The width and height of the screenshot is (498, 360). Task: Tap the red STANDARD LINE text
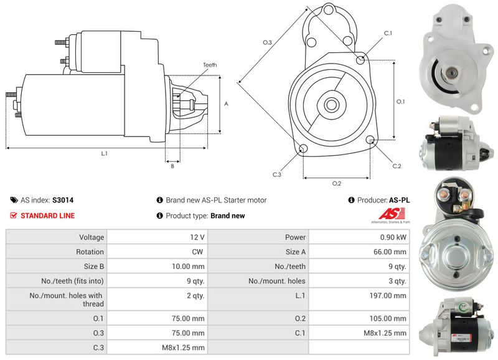(47, 216)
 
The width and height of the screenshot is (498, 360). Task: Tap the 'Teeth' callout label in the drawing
(210, 65)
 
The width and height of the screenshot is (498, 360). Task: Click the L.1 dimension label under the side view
(104, 153)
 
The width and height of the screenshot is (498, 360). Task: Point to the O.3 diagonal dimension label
(267, 42)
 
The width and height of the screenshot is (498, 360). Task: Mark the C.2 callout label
(397, 166)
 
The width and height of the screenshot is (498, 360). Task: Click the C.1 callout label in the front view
(387, 33)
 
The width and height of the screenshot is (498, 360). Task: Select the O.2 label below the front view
(337, 183)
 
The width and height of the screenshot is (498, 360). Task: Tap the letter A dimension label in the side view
(226, 104)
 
